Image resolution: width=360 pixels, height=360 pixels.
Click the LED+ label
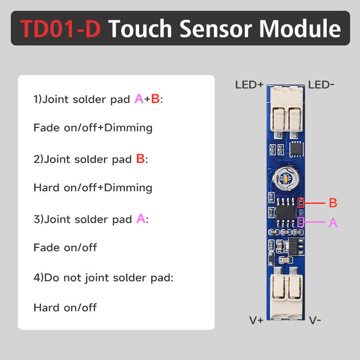249,85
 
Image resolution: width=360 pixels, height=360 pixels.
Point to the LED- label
321,85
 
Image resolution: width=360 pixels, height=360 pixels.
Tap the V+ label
256,320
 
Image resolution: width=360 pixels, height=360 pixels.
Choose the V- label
315,320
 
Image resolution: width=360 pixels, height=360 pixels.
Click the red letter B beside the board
333,203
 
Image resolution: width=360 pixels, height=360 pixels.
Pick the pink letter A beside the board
333,222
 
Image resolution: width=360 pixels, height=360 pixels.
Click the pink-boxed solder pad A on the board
301,221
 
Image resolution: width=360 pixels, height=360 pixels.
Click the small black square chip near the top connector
297,147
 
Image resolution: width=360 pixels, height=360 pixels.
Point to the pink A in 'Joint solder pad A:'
140,219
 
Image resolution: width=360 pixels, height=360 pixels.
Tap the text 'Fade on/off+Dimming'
93,128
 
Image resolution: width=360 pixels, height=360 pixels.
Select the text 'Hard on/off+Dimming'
93,188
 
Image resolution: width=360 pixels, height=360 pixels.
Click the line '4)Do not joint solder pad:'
103,278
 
